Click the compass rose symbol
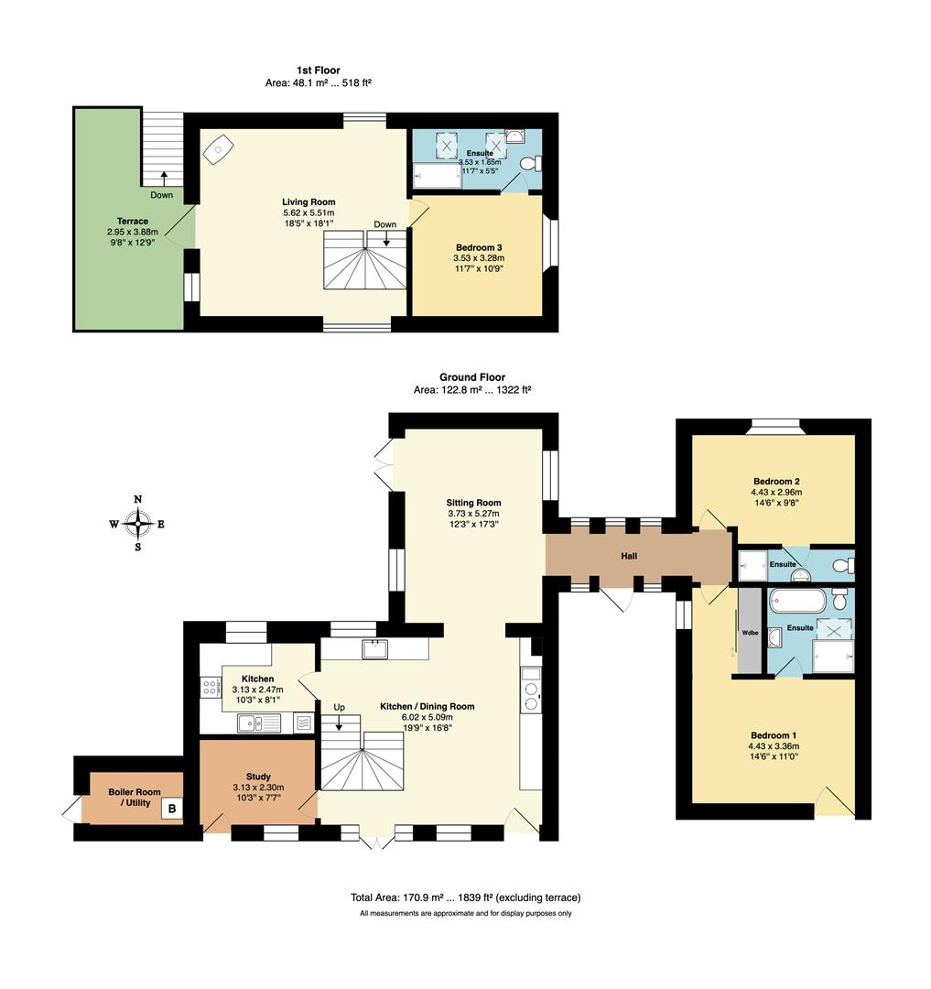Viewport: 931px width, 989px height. pos(138,524)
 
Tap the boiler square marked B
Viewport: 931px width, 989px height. pos(172,808)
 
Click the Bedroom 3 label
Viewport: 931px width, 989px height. pos(479,248)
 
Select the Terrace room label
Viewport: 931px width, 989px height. pos(133,221)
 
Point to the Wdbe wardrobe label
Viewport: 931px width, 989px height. pos(750,633)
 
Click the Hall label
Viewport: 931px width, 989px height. pos(628,556)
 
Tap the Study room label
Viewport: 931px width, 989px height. pos(258,777)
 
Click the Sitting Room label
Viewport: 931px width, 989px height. pos(473,503)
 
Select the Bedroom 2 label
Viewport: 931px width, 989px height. pos(776,482)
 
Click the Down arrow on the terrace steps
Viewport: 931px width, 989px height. pos(163,178)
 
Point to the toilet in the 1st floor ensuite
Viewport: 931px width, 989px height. pos(530,163)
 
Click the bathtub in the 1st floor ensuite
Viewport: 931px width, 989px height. pos(438,176)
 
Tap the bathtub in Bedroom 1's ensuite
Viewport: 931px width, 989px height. pos(797,601)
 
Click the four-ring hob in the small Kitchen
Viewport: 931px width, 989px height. pos(208,686)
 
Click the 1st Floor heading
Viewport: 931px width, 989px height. pos(319,70)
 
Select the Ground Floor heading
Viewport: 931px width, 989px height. pos(472,377)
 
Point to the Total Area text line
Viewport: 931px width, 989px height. pos(466,897)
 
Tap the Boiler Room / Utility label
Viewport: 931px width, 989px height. pos(135,798)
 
